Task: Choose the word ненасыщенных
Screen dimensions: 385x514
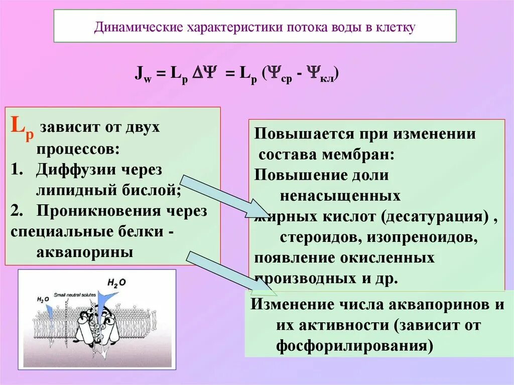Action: coord(340,195)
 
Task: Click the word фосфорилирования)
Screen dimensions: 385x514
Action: coord(354,346)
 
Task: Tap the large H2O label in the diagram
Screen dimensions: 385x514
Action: coord(116,283)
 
